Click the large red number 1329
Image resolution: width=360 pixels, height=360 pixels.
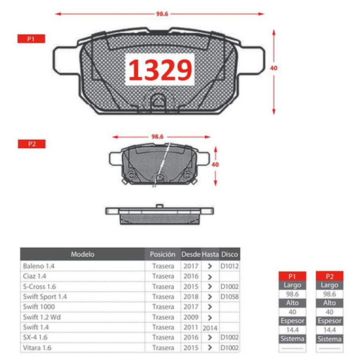click(160, 70)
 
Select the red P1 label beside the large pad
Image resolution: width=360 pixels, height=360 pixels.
click(31, 39)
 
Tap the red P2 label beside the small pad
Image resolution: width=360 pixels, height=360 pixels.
click(31, 144)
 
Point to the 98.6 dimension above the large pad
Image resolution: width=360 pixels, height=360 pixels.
click(162, 14)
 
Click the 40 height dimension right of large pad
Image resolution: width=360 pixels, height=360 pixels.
click(273, 68)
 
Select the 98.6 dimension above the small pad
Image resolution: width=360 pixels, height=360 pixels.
click(157, 136)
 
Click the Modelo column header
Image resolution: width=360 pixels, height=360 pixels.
click(82, 254)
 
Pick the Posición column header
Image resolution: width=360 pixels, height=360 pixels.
click(162, 254)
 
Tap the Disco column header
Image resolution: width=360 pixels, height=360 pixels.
click(230, 254)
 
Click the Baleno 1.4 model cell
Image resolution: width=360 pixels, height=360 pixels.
click(38, 266)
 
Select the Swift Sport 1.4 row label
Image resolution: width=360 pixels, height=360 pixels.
click(45, 297)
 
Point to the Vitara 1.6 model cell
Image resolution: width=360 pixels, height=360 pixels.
click(37, 348)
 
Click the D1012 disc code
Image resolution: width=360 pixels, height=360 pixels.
click(230, 266)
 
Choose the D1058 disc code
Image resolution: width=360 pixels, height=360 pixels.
click(230, 297)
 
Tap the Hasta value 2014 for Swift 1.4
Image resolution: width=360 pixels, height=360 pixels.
click(210, 328)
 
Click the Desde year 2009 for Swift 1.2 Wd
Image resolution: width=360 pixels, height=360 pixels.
click(191, 317)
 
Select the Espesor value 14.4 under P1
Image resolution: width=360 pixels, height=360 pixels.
click(292, 330)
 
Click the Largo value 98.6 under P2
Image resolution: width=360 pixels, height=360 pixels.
click(329, 294)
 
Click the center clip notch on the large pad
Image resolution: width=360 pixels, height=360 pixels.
click(158, 100)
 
